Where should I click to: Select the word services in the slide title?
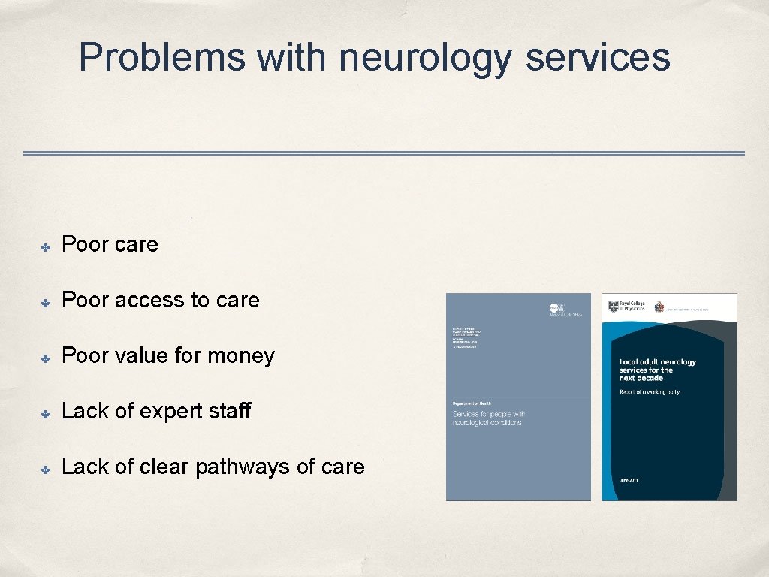click(597, 57)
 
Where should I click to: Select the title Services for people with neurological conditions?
click(487, 418)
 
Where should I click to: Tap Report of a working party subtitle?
click(649, 392)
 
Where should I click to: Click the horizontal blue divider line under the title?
click(384, 153)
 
